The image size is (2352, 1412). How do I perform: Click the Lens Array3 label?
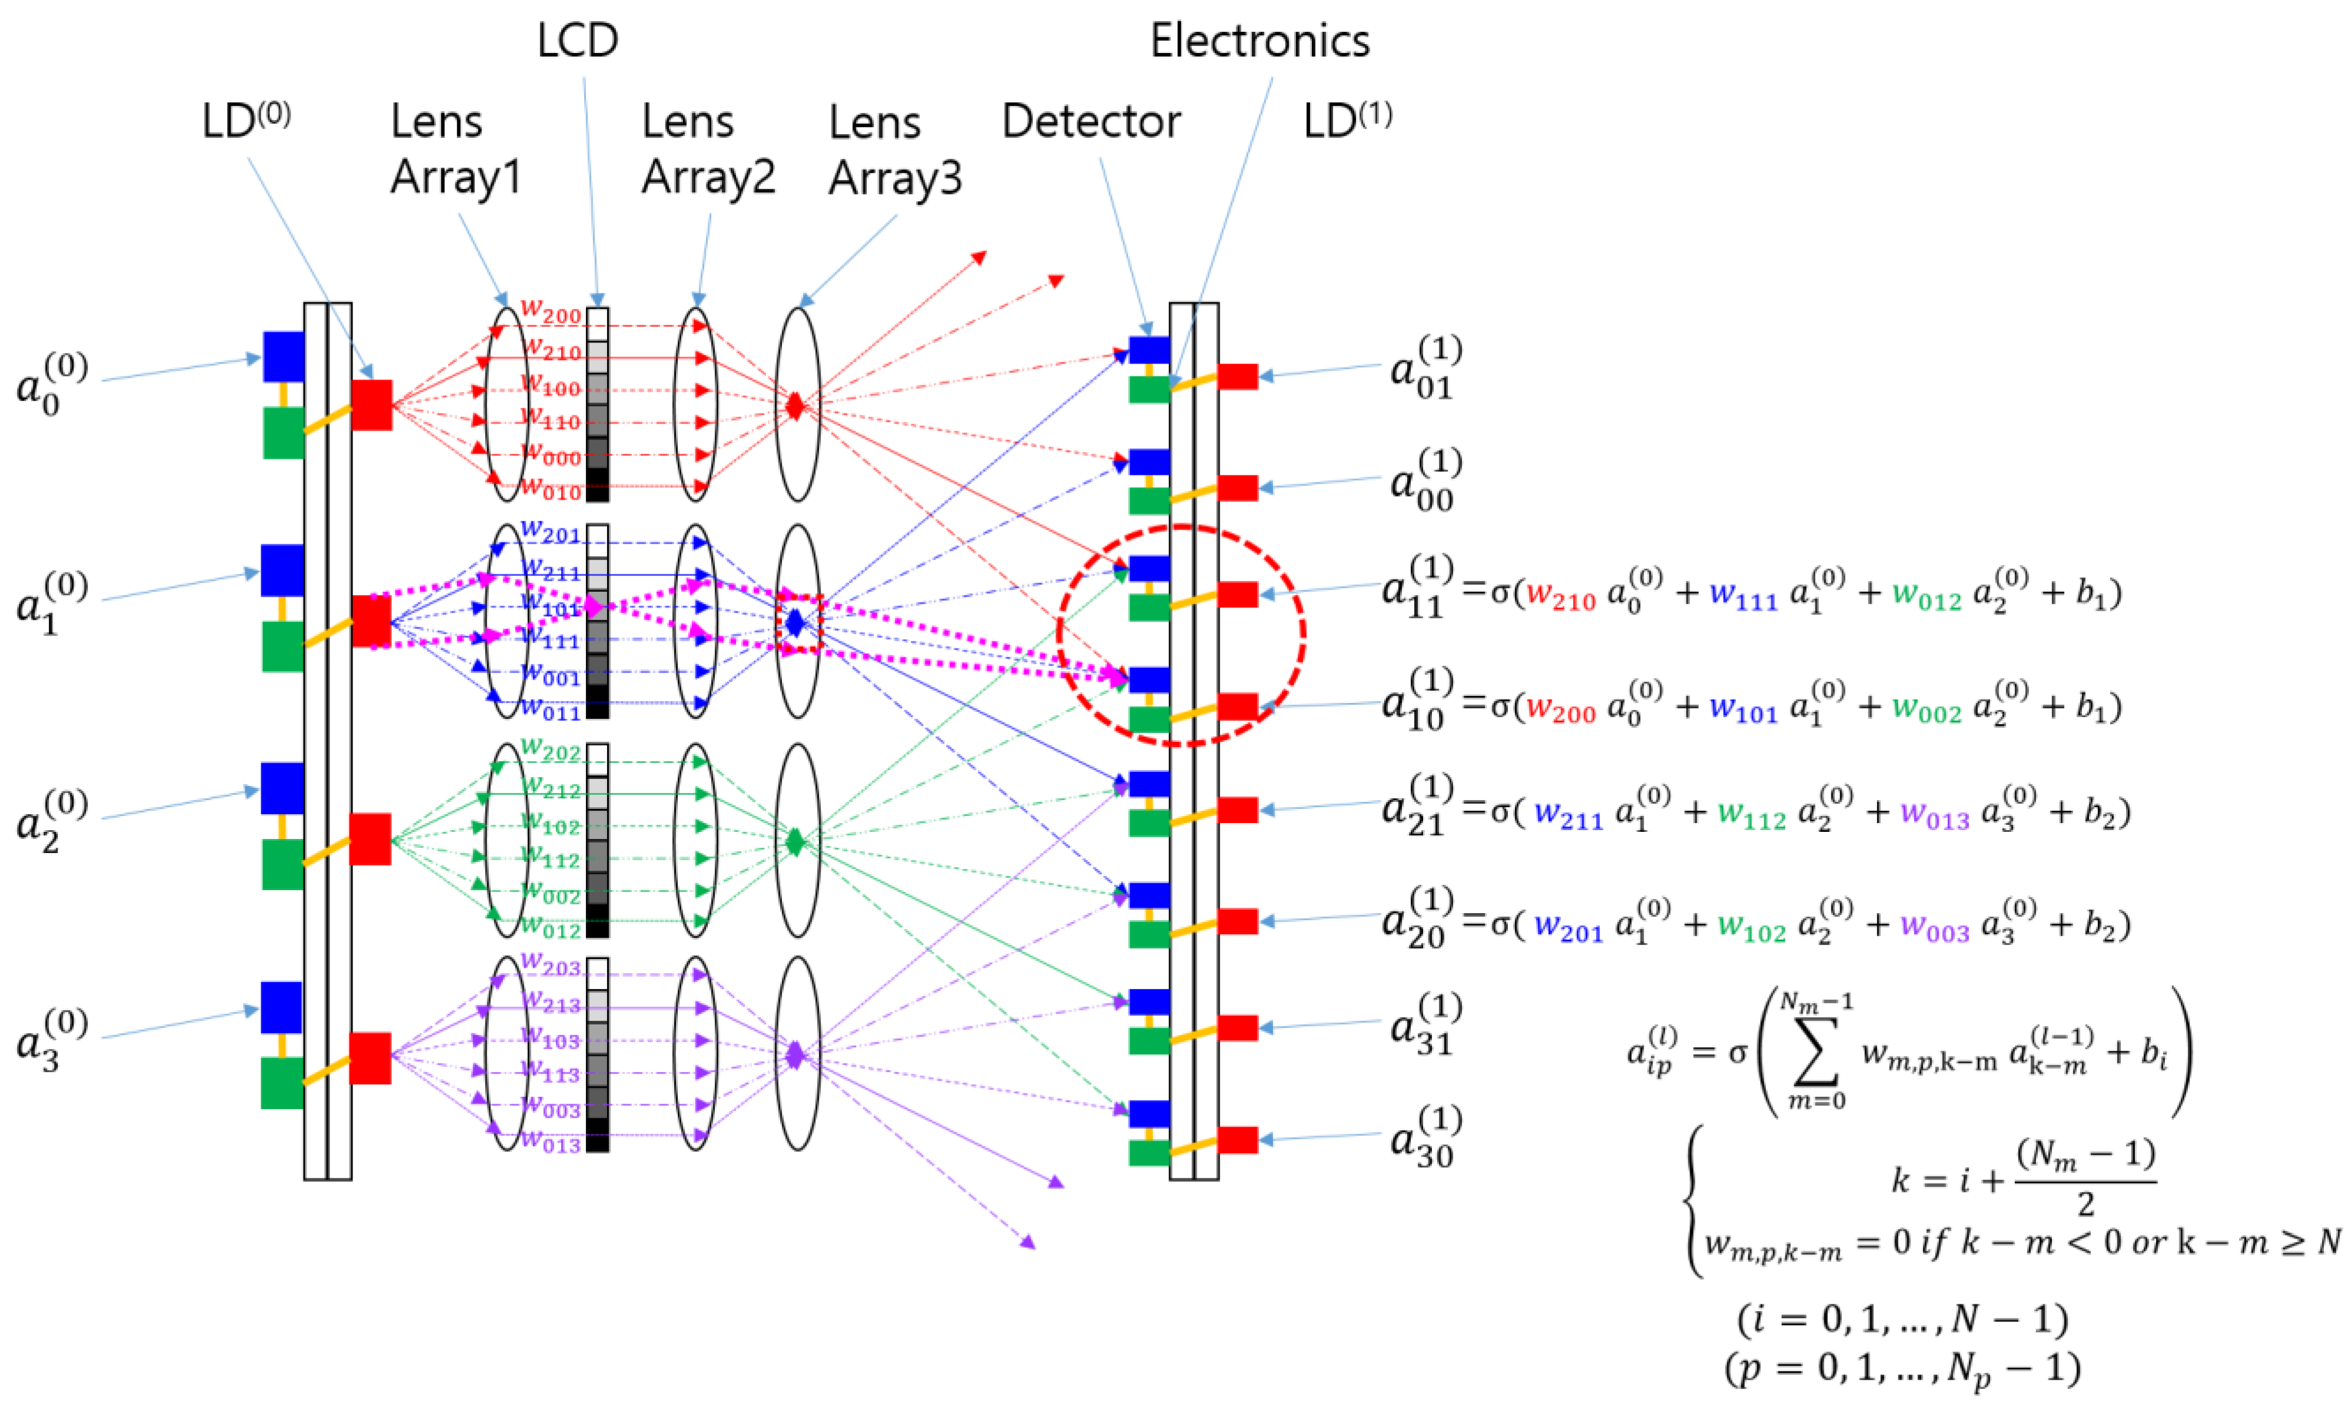tap(894, 151)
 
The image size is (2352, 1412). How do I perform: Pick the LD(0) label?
tap(245, 121)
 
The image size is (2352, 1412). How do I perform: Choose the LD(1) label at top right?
tap(1346, 121)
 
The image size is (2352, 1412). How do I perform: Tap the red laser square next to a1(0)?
tap(371, 621)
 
